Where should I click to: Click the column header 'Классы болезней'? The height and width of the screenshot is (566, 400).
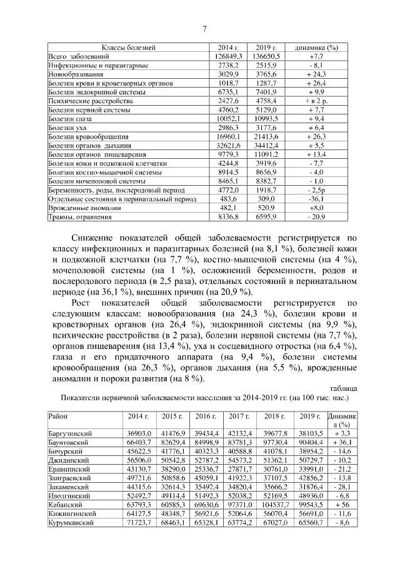[x=128, y=48]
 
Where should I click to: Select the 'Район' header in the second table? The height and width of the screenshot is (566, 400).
[x=57, y=416]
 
